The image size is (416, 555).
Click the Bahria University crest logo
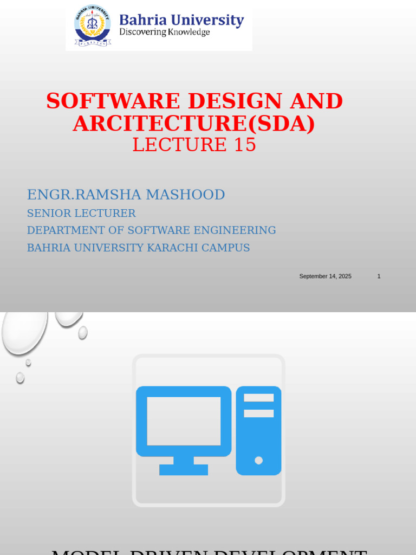click(92, 25)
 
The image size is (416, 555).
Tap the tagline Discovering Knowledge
click(164, 33)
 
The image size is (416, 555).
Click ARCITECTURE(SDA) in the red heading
click(194, 124)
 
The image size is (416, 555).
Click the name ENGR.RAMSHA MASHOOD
click(126, 195)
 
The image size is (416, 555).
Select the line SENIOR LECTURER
click(81, 214)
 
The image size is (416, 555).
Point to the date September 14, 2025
click(325, 276)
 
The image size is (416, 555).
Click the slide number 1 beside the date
click(379, 276)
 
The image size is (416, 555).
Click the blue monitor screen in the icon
click(184, 421)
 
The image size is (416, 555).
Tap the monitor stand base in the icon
click(184, 469)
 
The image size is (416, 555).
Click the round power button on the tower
click(258, 460)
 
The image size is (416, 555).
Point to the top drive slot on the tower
click(258, 398)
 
